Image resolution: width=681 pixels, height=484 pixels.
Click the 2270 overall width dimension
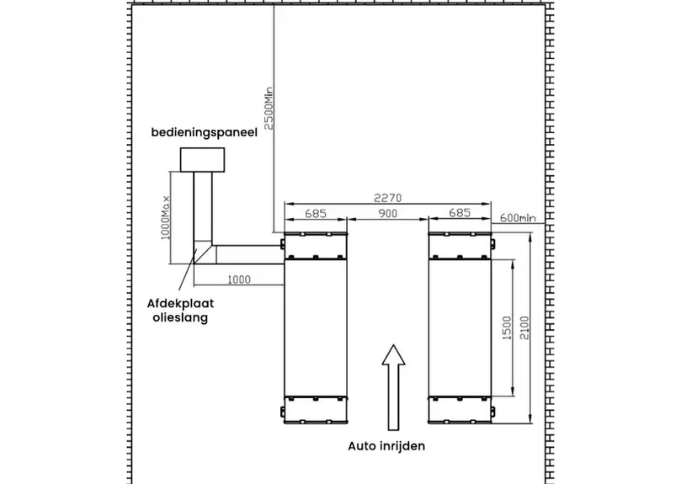tap(388, 198)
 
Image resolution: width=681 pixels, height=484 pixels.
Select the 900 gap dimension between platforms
tap(388, 213)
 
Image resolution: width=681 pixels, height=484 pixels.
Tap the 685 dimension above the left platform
tap(316, 213)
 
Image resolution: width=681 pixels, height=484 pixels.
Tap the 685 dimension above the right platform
tap(460, 212)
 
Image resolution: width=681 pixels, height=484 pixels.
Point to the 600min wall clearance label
tap(518, 218)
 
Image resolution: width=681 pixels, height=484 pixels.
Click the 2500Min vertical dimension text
tap(269, 109)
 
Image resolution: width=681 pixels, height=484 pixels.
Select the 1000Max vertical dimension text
tap(166, 217)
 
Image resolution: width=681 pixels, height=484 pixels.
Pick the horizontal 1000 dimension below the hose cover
tap(239, 279)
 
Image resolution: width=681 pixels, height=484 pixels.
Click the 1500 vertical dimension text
tap(507, 327)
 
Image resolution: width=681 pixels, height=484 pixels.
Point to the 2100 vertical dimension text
tap(525, 327)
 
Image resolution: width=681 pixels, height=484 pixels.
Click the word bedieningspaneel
tap(204, 132)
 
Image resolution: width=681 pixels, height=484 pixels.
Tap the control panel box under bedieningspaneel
tap(202, 159)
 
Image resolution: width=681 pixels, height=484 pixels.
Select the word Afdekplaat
tap(180, 303)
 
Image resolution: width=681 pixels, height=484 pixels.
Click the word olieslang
tap(180, 317)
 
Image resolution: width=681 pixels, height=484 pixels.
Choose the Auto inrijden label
tap(386, 446)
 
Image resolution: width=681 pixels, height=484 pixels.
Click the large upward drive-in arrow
tap(393, 387)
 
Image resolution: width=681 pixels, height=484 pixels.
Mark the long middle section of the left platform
tap(316, 327)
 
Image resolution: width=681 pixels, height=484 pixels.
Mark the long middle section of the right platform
tap(460, 327)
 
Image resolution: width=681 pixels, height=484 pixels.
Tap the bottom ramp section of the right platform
tap(460, 409)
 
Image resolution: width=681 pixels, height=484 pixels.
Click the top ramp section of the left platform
tap(316, 246)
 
